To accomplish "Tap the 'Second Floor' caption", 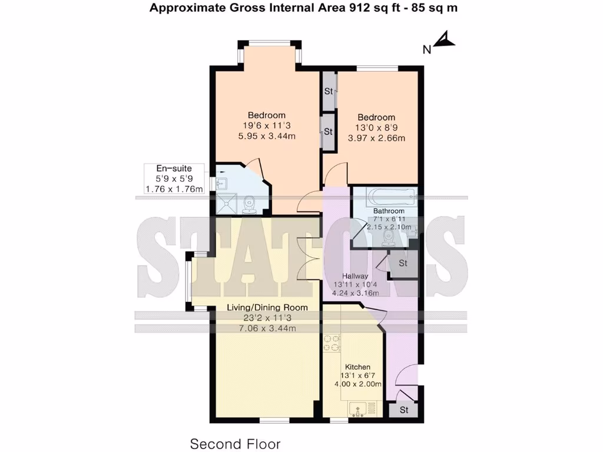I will (x=235, y=443).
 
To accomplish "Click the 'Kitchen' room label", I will (x=357, y=367).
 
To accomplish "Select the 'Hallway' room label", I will (x=356, y=276).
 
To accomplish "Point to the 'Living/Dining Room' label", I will (x=267, y=308).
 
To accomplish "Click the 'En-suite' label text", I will (x=174, y=168).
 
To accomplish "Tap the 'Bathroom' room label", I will (x=389, y=211).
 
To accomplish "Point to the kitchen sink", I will (x=357, y=407).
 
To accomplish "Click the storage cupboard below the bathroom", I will (x=403, y=264).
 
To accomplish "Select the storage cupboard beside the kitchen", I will (x=403, y=409).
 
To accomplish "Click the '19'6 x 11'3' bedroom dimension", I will (x=266, y=125).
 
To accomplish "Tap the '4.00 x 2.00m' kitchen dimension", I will (x=357, y=385).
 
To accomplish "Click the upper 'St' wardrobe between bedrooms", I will (x=329, y=91).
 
